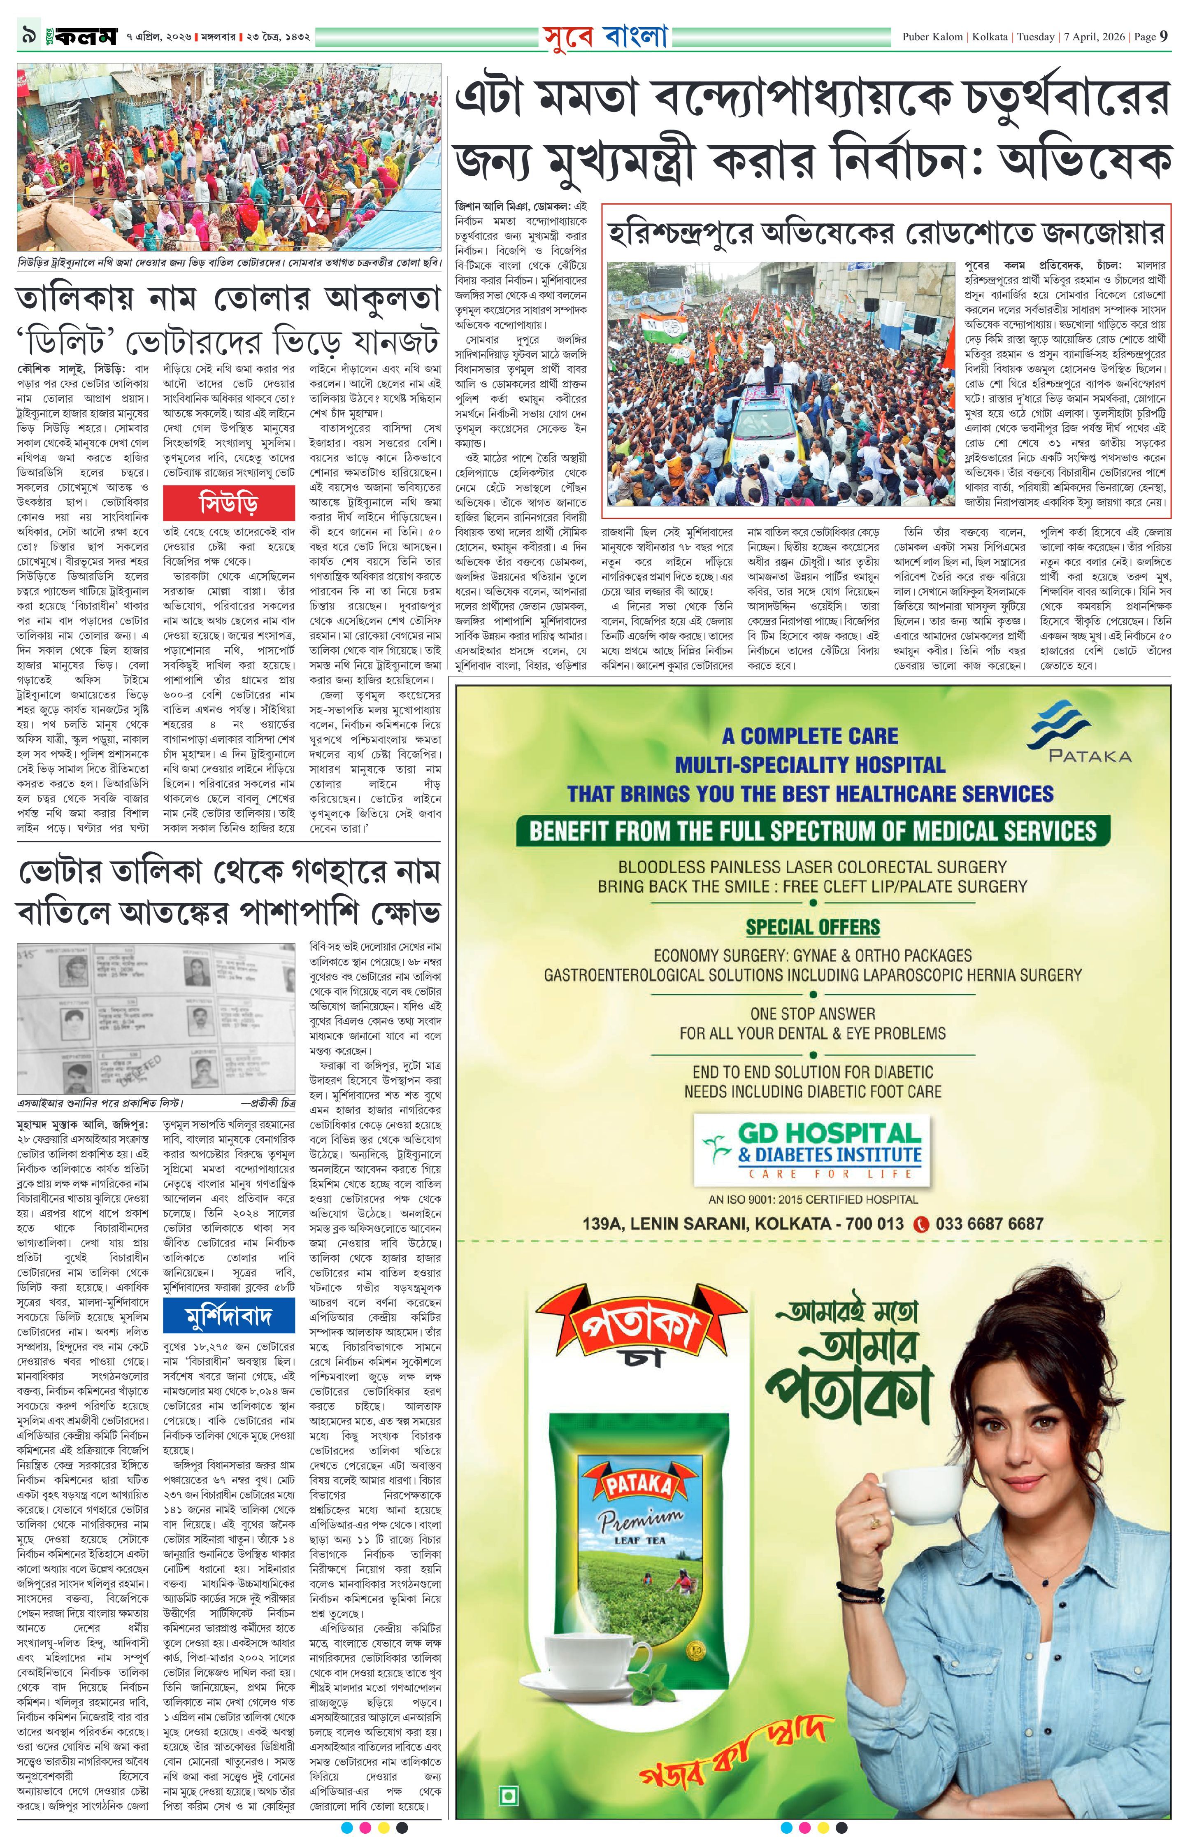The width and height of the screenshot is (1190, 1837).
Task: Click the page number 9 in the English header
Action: pos(1163,36)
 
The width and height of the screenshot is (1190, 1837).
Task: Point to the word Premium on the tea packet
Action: pos(641,1523)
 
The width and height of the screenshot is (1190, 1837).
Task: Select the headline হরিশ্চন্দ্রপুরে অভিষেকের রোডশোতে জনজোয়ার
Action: pos(886,233)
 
